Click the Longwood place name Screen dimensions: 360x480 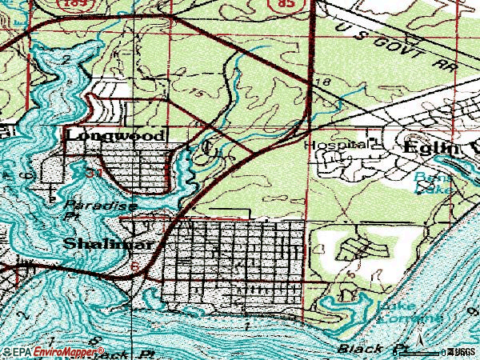115,135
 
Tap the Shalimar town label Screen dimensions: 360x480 100,243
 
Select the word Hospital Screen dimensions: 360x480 336,146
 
